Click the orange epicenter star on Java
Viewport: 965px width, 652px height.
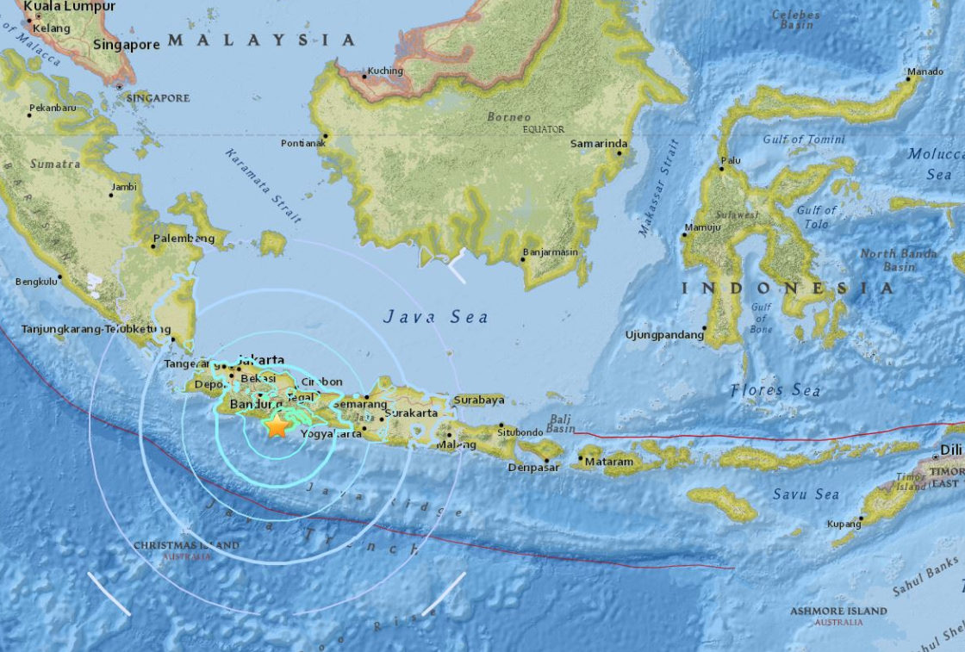[277, 425]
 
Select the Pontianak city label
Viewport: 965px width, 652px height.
[302, 143]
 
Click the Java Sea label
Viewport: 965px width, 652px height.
[436, 317]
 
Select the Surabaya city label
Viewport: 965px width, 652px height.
[478, 400]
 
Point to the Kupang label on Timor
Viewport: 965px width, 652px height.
[844, 524]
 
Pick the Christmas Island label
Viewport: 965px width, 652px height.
[186, 545]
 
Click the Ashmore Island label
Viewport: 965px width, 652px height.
[838, 611]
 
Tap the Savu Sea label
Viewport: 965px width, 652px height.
[805, 494]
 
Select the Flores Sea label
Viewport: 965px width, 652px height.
[775, 390]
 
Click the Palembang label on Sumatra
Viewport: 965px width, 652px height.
[184, 238]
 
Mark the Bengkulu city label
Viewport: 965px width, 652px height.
[37, 281]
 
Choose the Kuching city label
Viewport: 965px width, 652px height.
[384, 71]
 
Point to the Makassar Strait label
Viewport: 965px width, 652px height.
[654, 188]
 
